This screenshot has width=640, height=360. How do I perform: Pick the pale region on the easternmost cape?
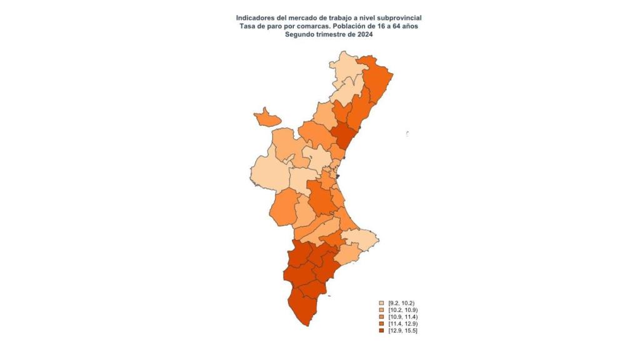[361, 238]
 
